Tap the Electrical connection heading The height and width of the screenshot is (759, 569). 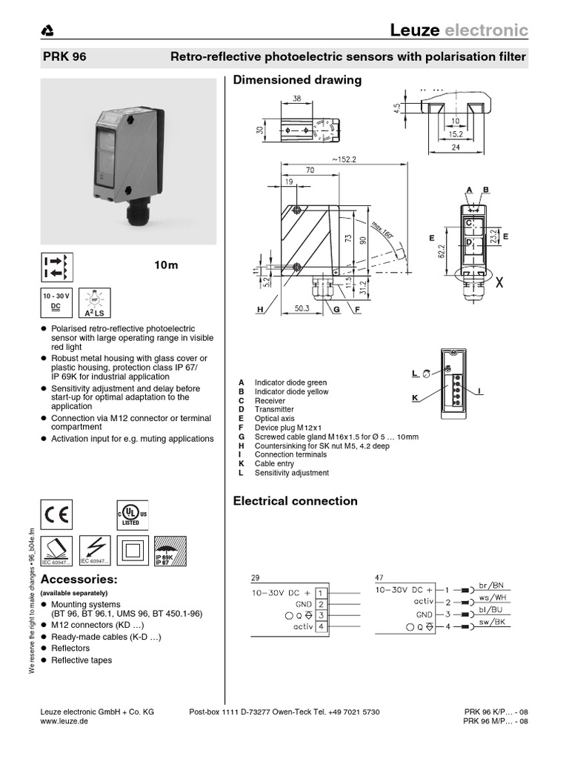[x=295, y=501]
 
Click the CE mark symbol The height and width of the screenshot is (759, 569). [x=56, y=514]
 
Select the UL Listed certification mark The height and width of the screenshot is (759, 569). [x=125, y=514]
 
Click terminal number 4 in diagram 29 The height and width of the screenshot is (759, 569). [x=320, y=626]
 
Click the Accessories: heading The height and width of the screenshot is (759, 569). [x=78, y=578]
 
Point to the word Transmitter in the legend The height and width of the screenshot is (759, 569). [x=274, y=409]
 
